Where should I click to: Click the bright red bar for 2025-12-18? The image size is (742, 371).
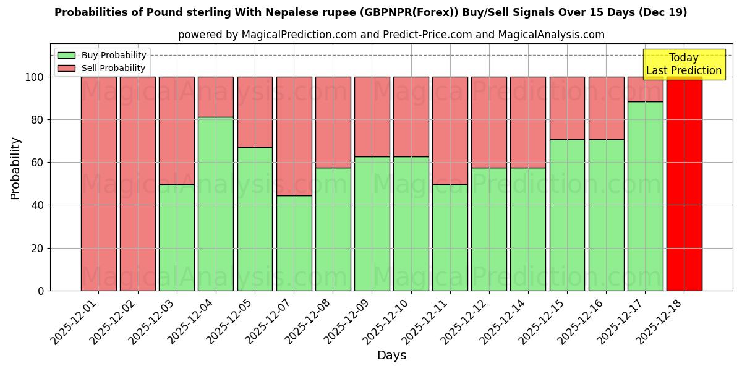tap(684, 184)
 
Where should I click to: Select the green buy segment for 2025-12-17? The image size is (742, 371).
tap(645, 196)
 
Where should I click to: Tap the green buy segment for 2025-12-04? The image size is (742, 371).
tap(216, 203)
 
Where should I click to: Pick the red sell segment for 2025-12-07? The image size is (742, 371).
tap(294, 136)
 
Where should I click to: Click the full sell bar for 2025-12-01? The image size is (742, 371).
tap(99, 184)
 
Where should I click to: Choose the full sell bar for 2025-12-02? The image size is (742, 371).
tap(138, 184)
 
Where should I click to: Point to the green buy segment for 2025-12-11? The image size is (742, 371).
tap(450, 237)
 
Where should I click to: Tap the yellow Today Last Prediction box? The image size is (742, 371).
tap(683, 64)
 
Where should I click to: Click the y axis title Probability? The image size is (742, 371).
tap(15, 168)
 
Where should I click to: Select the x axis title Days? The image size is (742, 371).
tap(391, 356)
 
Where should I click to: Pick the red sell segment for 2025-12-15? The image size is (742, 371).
tap(567, 108)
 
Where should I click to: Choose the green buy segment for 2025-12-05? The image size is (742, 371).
tap(255, 219)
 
